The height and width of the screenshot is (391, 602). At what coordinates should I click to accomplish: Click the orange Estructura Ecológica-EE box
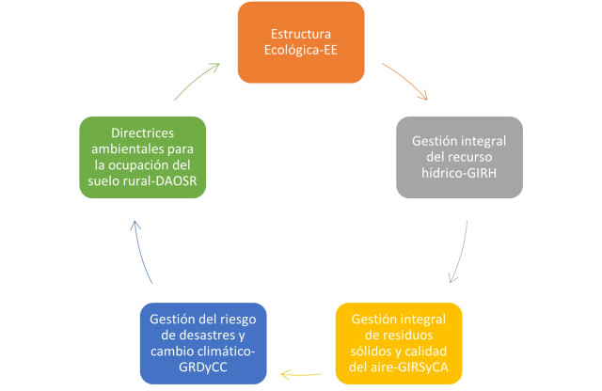tap(301, 42)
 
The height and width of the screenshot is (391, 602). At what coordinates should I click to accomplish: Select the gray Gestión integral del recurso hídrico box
tap(459, 157)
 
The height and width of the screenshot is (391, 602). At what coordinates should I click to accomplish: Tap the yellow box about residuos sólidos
tap(399, 343)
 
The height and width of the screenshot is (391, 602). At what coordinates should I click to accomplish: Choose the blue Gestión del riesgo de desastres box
tap(203, 343)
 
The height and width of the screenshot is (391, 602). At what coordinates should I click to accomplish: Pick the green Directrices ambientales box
tap(142, 157)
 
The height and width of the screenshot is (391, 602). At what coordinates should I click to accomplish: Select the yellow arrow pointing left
tap(301, 374)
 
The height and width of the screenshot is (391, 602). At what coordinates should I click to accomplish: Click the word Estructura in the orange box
tap(301, 34)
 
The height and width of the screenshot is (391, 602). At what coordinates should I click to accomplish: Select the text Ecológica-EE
tap(301, 50)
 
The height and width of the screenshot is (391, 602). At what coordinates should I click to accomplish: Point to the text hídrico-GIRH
tap(459, 173)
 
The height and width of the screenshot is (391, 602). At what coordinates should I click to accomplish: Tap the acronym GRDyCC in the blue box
tap(203, 368)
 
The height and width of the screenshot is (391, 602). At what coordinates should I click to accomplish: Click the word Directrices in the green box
tap(142, 133)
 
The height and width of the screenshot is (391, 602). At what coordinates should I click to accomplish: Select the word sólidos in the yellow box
tap(369, 352)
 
